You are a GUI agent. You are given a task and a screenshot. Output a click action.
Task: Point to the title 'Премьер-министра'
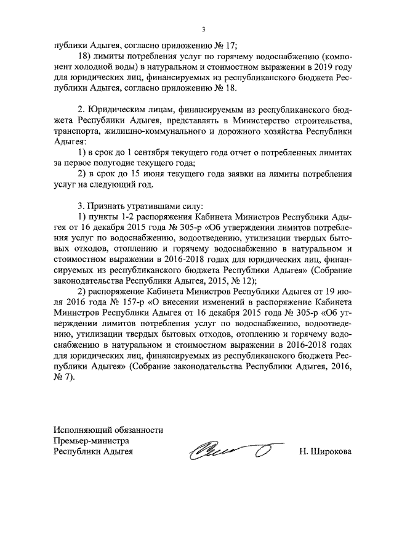click(92, 440)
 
